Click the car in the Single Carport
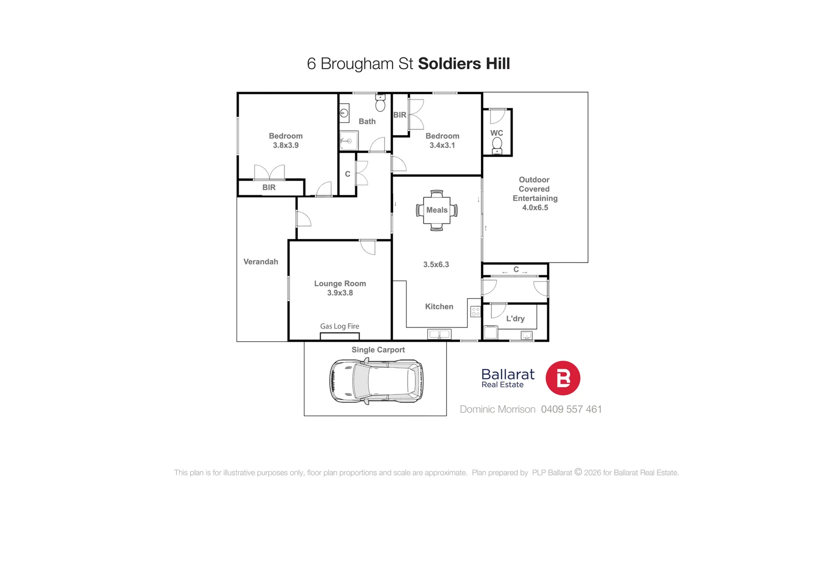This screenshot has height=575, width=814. [376, 381]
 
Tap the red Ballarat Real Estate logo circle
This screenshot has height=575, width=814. [563, 378]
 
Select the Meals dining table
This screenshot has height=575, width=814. [437, 210]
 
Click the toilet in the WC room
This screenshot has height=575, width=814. [497, 144]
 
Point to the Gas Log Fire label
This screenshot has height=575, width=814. [339, 326]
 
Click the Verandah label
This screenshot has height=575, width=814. [261, 262]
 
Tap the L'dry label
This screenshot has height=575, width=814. [515, 319]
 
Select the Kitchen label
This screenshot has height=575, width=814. [439, 307]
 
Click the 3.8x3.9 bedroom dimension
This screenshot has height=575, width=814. [286, 145]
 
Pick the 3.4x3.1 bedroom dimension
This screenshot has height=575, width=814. [442, 145]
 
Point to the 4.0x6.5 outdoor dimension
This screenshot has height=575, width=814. [535, 208]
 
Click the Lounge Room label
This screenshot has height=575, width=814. [340, 284]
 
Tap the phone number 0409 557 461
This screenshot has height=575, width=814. [571, 409]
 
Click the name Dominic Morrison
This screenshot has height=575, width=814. [498, 409]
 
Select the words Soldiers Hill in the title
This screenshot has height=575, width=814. [464, 64]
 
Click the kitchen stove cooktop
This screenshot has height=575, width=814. [476, 311]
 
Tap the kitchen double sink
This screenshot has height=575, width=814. [439, 334]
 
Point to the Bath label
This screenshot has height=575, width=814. [367, 121]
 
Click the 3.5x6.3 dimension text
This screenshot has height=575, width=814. [436, 265]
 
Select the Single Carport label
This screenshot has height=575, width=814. [378, 350]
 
